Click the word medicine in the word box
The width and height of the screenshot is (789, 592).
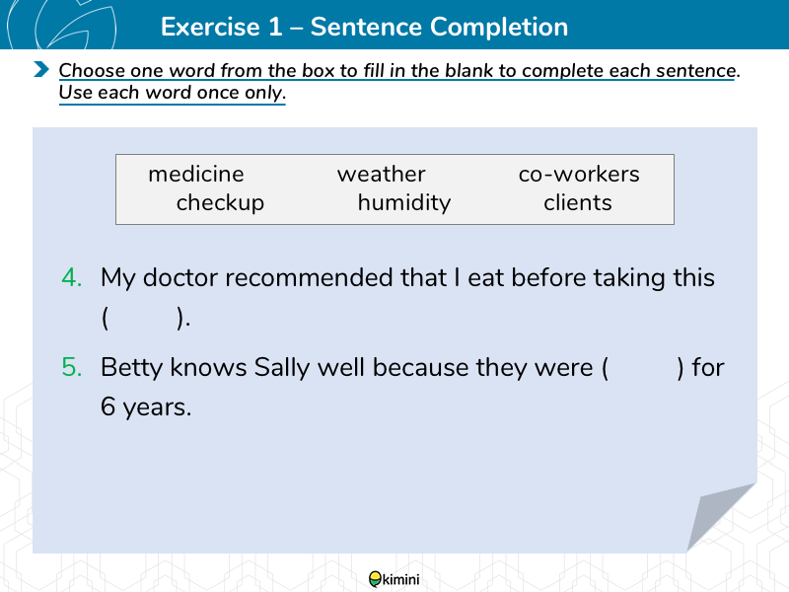click(195, 175)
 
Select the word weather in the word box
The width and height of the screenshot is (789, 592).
click(382, 175)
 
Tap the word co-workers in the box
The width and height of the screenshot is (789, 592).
click(579, 175)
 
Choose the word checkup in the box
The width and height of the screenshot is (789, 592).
click(220, 203)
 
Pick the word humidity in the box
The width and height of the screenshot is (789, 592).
click(404, 203)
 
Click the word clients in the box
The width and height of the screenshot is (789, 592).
click(578, 203)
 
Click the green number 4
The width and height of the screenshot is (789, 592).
click(71, 277)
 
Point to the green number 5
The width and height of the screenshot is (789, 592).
click(71, 367)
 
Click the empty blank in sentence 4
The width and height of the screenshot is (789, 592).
click(142, 318)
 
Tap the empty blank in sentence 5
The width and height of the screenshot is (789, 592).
click(643, 368)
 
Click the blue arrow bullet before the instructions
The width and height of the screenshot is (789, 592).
click(41, 69)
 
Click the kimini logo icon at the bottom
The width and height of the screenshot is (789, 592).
click(375, 579)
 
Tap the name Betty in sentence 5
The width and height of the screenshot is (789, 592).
click(131, 368)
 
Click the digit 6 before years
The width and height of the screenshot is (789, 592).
click(108, 407)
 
